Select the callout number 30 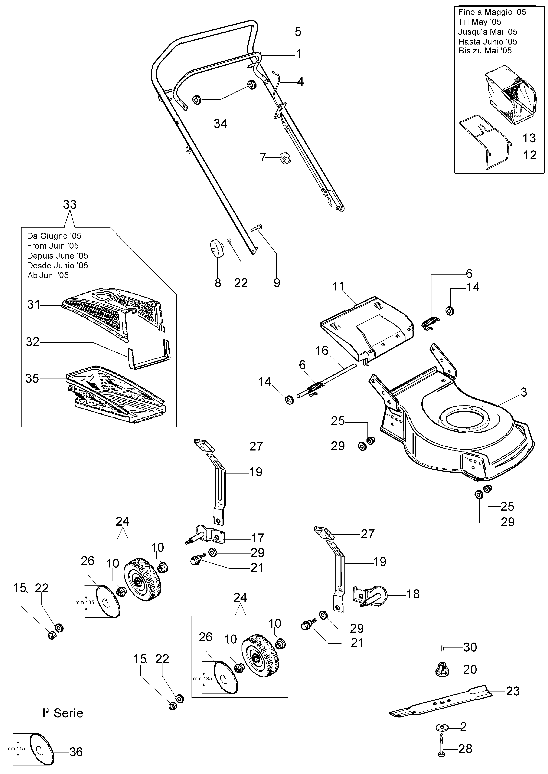(470, 647)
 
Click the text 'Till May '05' (479, 22)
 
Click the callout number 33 (70, 205)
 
